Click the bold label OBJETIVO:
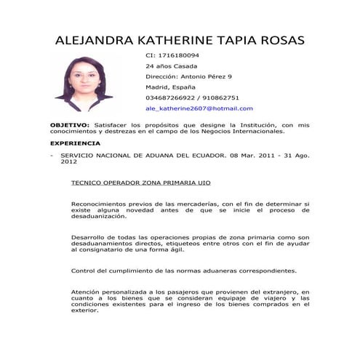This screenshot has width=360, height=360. pos(69,125)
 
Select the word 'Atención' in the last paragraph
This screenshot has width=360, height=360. pos(85,291)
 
